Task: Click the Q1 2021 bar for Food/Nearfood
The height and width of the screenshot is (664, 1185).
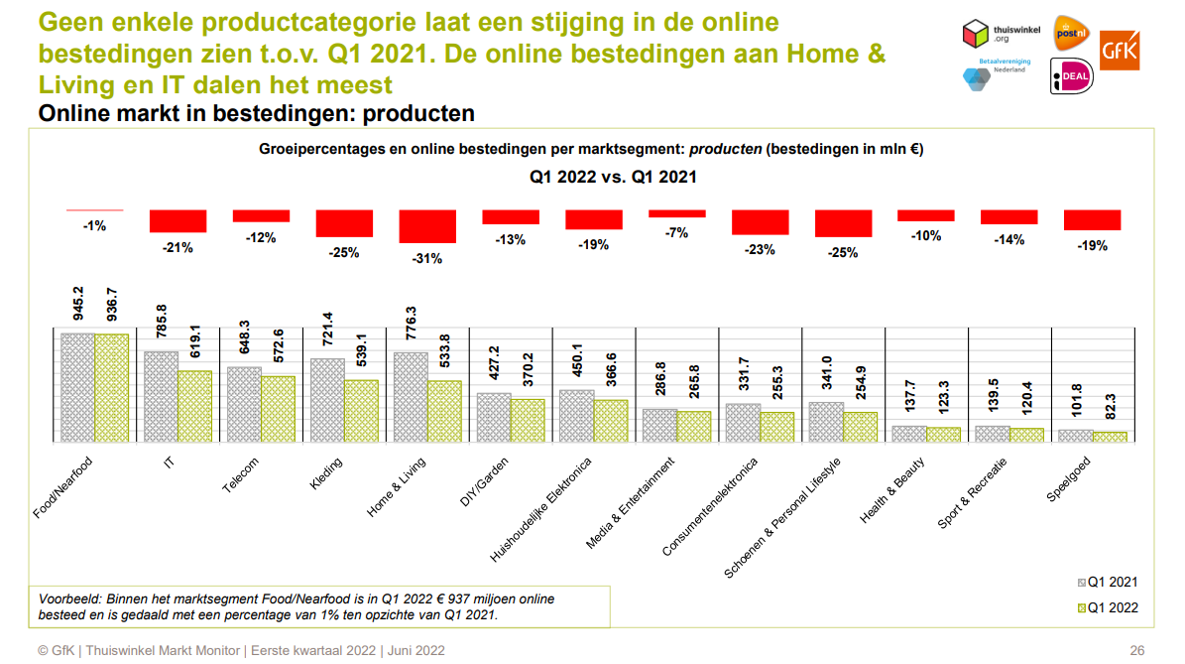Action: [77, 387]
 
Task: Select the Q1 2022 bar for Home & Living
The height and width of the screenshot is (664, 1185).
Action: [444, 411]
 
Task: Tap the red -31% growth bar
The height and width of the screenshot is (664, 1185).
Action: [426, 226]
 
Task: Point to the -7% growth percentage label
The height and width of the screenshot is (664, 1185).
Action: [676, 232]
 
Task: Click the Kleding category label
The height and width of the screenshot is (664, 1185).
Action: [326, 474]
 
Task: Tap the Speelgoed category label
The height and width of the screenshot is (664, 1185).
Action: [1070, 480]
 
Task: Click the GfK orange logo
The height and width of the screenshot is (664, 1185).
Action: [1120, 49]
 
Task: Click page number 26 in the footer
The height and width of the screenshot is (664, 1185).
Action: [1136, 650]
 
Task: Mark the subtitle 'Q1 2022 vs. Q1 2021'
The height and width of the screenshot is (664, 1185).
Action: [612, 178]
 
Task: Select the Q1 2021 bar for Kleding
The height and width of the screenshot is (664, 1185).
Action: [327, 399]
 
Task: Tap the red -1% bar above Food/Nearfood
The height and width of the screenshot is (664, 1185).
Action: [94, 210]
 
